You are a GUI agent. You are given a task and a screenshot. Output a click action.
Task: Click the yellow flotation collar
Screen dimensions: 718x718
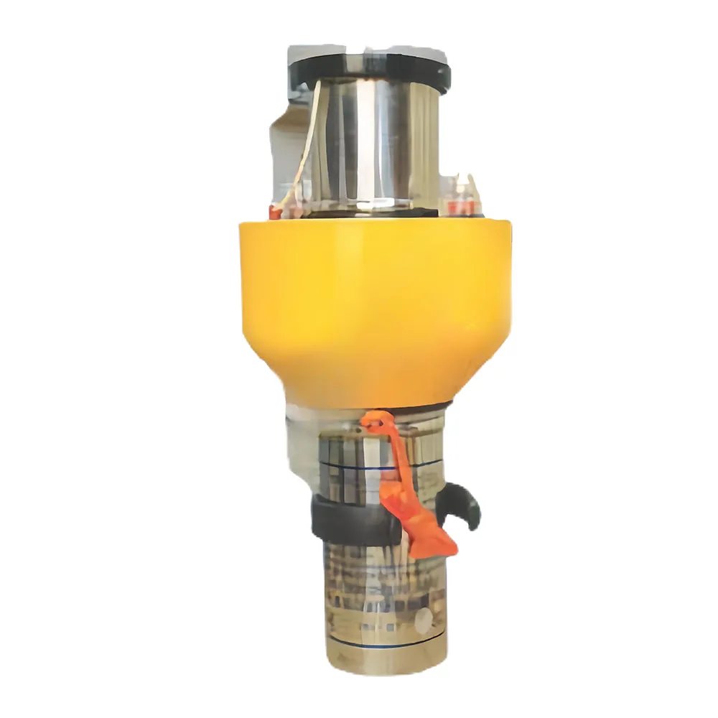(375, 287)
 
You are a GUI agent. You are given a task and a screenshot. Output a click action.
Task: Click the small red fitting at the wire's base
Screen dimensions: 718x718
(276, 213)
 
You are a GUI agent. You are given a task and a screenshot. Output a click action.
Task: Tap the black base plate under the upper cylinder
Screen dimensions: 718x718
(373, 213)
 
